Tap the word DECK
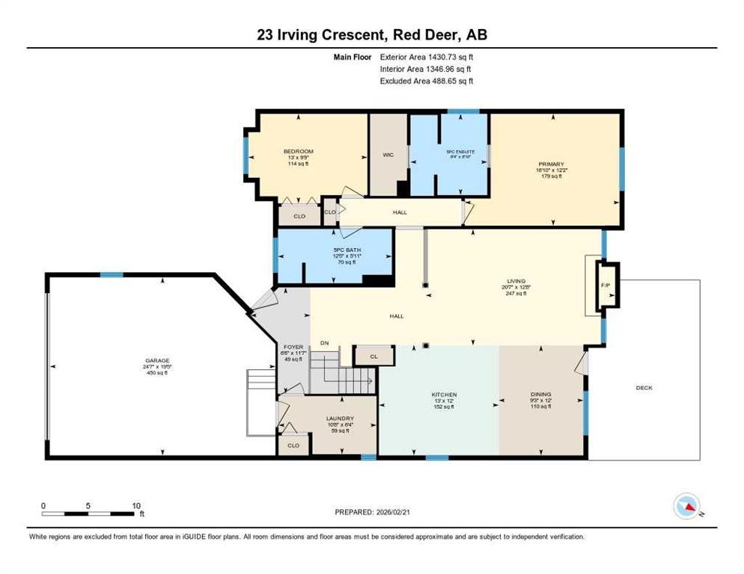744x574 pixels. pyautogui.click(x=644, y=388)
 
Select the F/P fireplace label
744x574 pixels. pyautogui.click(x=606, y=286)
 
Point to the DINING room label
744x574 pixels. pyautogui.click(x=540, y=395)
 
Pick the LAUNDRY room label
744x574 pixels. pyautogui.click(x=340, y=419)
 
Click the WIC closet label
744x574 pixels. pyautogui.click(x=388, y=155)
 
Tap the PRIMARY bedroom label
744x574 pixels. pyautogui.click(x=551, y=164)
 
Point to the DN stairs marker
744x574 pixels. pyautogui.click(x=325, y=343)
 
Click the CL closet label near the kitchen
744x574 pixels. pyautogui.click(x=374, y=357)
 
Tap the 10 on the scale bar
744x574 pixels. pyautogui.click(x=135, y=505)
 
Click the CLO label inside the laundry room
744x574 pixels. pyautogui.click(x=293, y=445)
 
